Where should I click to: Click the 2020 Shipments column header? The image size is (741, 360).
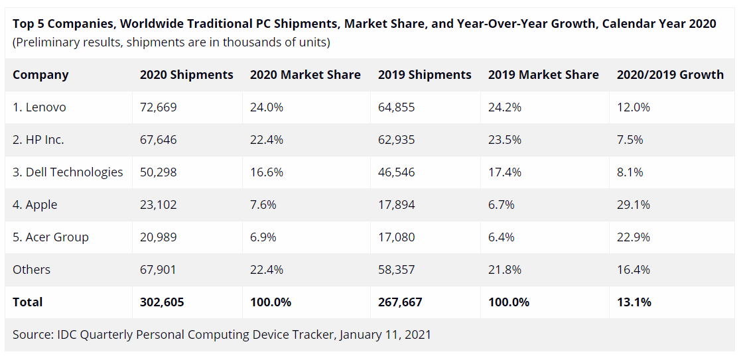tap(186, 75)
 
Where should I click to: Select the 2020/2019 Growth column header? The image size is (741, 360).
tap(670, 75)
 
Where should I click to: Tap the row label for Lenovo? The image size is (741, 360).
tap(39, 107)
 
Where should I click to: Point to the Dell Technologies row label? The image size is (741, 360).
tap(68, 172)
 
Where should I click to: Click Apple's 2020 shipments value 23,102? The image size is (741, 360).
tap(158, 205)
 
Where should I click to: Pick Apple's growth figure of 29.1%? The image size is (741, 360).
tap(633, 205)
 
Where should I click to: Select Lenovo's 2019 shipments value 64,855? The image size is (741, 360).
tap(396, 107)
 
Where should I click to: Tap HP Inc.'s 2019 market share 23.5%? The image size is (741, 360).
tap(504, 140)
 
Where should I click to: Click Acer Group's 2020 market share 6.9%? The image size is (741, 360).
tap(263, 237)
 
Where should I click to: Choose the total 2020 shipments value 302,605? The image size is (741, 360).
tap(161, 302)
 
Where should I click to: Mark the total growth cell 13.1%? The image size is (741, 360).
tap(634, 302)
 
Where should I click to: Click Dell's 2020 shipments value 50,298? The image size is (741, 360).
tap(158, 172)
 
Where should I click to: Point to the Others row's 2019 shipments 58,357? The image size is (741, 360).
tap(396, 270)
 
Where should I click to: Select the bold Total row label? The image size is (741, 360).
tap(27, 302)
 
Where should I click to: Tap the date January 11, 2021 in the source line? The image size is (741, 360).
tap(385, 335)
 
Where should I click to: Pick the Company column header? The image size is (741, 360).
tap(40, 75)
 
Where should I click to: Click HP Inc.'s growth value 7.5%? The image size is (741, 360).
tap(630, 140)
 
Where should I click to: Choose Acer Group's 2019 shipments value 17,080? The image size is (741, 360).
tap(396, 237)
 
